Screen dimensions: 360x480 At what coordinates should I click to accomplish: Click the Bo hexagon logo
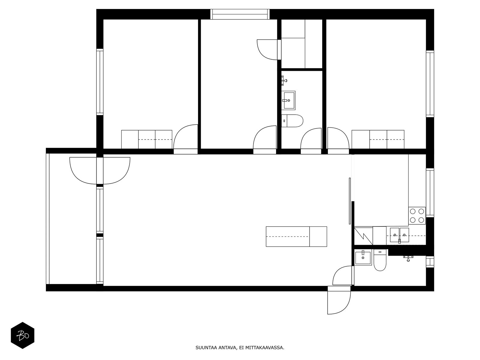[x=22, y=335]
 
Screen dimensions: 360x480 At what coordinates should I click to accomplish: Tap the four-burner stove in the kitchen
[x=417, y=216]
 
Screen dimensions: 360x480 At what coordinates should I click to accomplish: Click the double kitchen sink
[x=399, y=235]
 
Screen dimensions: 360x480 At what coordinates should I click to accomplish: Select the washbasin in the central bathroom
[x=288, y=100]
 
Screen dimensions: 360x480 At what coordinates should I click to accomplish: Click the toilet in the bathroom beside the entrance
[x=380, y=262]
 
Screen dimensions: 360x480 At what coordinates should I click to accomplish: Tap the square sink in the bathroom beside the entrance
[x=363, y=258]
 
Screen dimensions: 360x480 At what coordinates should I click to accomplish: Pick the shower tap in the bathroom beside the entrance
[x=408, y=258]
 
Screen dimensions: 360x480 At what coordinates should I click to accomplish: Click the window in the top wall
[x=239, y=14]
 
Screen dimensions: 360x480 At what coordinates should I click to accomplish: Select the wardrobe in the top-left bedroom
[x=146, y=139]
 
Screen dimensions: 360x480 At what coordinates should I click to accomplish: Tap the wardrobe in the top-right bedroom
[x=378, y=139]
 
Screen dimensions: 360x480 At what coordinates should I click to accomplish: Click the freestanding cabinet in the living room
[x=296, y=236]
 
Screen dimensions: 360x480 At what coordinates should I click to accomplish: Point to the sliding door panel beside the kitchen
[x=350, y=201]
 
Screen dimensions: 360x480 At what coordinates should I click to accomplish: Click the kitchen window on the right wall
[x=430, y=193]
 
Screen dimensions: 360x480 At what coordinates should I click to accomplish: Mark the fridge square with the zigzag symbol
[x=363, y=236]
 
